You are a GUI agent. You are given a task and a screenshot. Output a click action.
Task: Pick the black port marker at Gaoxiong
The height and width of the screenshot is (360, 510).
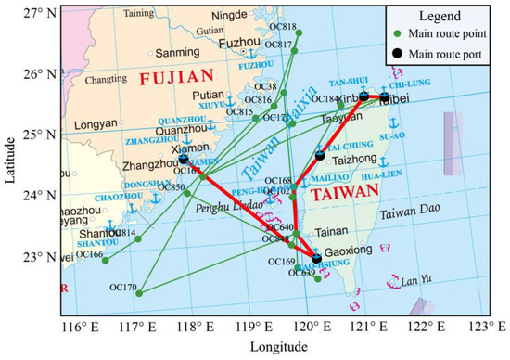click(x=317, y=258)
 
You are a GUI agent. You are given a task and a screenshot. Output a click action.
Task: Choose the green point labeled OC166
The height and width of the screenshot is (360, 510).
click(x=105, y=261)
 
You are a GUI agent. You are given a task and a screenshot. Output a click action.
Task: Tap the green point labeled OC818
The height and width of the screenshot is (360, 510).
click(x=299, y=32)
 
